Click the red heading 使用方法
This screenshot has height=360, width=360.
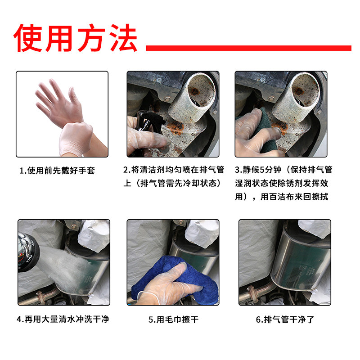tap(75, 38)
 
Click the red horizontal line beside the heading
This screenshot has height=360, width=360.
tap(249, 48)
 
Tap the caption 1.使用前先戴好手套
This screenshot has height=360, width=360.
tap(57, 171)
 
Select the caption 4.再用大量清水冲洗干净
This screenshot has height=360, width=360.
tap(63, 319)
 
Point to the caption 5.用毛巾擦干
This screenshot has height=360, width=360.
tap(173, 319)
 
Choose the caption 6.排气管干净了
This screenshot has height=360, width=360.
tap(285, 319)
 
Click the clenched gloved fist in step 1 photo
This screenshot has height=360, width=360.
tap(76, 139)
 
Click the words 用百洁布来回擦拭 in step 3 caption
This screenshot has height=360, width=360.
tap(294, 197)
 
